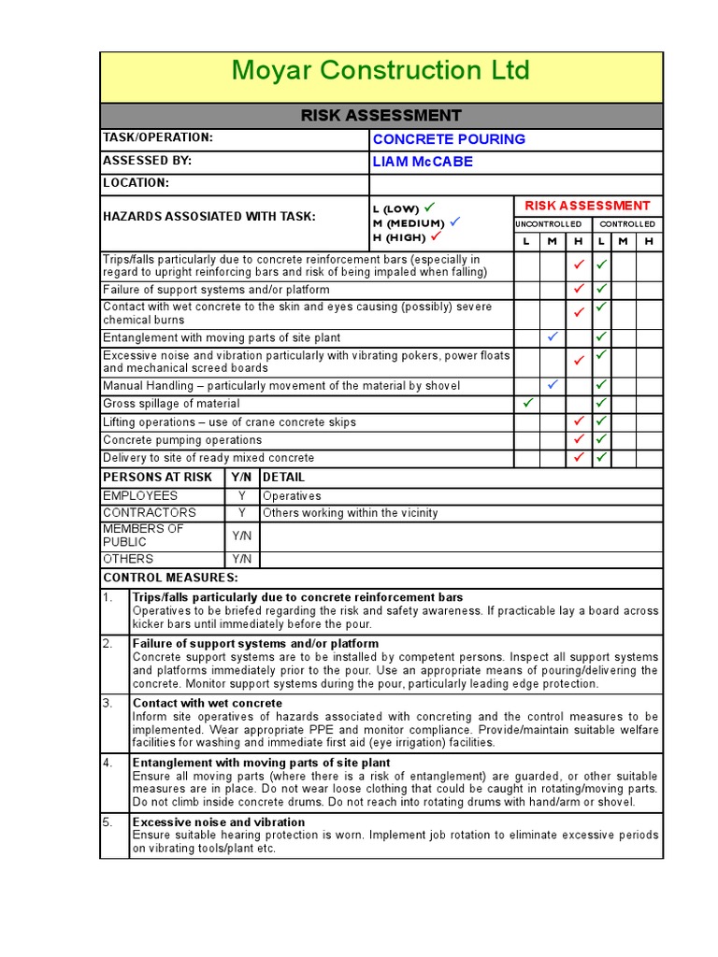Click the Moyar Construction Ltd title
click(381, 71)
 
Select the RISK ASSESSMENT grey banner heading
click(381, 116)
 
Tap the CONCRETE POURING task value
click(449, 139)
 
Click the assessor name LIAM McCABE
click(423, 162)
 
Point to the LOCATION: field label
click(136, 184)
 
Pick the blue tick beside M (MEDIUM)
click(454, 222)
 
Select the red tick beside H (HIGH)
click(434, 236)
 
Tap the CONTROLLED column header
click(626, 224)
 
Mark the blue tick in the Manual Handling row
click(553, 384)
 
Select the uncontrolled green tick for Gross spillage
click(527, 403)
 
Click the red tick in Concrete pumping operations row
click(579, 438)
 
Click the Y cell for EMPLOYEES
click(241, 496)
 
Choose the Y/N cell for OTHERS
click(241, 559)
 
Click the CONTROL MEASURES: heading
click(170, 578)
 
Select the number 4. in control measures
click(108, 763)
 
